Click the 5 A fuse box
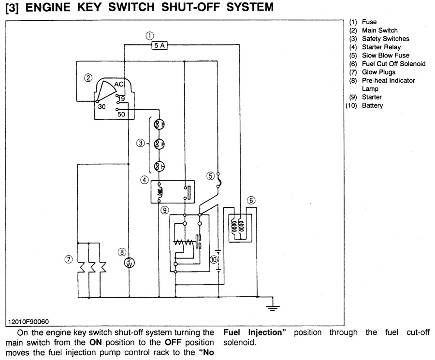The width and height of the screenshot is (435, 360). tap(159, 45)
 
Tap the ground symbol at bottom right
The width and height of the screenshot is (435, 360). tap(273, 304)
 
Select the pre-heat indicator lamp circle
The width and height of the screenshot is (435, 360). tap(129, 263)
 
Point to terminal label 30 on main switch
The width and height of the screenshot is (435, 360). tap(101, 107)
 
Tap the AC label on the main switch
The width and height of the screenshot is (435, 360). tap(119, 85)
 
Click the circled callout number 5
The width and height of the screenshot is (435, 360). tap(211, 176)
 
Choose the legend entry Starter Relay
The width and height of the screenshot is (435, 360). tap(378, 47)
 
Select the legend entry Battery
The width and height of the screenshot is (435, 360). tap(372, 105)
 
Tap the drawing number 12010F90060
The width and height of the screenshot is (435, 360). tap(29, 321)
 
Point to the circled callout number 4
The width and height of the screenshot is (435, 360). tap(144, 180)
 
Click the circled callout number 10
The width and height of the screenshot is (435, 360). tap(214, 259)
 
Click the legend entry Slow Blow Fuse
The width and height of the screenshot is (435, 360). tap(385, 55)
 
